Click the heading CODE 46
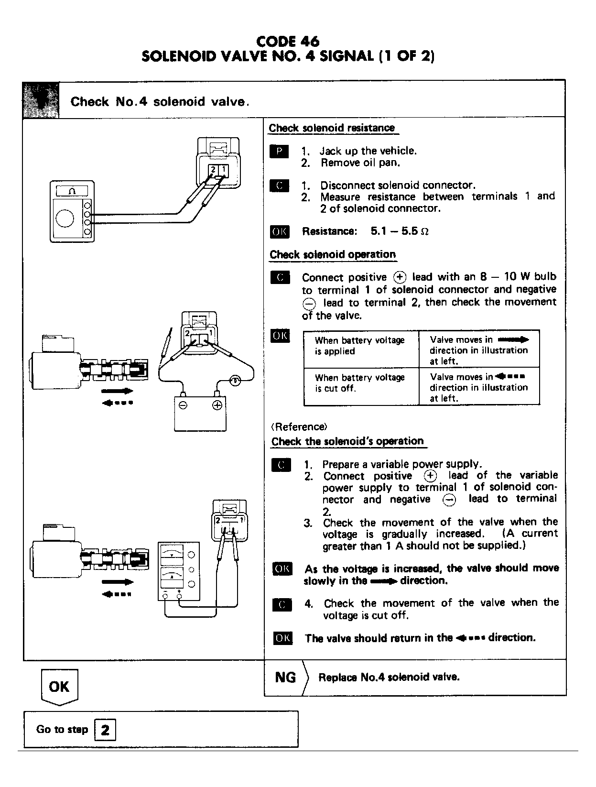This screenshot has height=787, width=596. point(288,42)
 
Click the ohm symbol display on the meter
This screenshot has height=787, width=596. point(72,191)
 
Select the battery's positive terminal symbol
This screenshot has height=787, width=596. point(217,405)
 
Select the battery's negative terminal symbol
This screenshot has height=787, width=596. point(183,405)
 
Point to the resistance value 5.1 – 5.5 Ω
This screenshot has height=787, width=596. point(400,231)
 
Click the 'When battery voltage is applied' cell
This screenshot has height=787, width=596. point(360,346)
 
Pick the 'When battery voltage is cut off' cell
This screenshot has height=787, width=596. point(360,383)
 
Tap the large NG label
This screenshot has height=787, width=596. point(285,677)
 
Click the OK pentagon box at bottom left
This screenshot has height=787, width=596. point(59,687)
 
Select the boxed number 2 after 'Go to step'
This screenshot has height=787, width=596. point(105,730)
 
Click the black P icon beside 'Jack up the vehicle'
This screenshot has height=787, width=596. point(279,152)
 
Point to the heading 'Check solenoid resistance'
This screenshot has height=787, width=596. point(332,128)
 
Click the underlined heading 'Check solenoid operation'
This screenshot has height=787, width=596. point(333,254)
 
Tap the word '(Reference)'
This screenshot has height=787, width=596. point(299,426)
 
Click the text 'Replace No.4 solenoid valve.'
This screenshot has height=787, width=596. point(389,677)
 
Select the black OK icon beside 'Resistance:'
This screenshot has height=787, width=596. point(280,232)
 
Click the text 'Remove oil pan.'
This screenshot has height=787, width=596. point(360,163)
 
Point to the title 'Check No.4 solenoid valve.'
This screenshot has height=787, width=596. point(160,102)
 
